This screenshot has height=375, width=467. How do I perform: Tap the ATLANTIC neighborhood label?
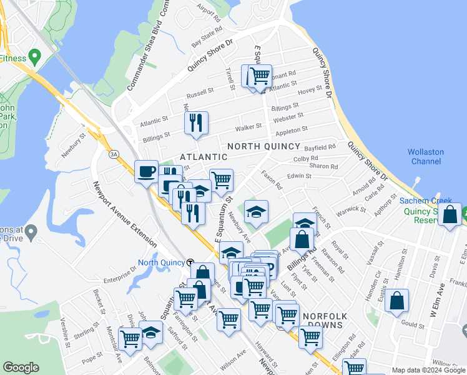click(x=204, y=156)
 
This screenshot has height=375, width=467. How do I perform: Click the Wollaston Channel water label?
click(x=426, y=156)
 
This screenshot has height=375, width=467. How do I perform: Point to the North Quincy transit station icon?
click(x=190, y=262)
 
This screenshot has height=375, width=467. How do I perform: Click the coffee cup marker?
click(x=147, y=171)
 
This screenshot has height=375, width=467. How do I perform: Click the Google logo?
click(x=21, y=367)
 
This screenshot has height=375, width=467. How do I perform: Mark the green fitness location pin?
click(x=34, y=58)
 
